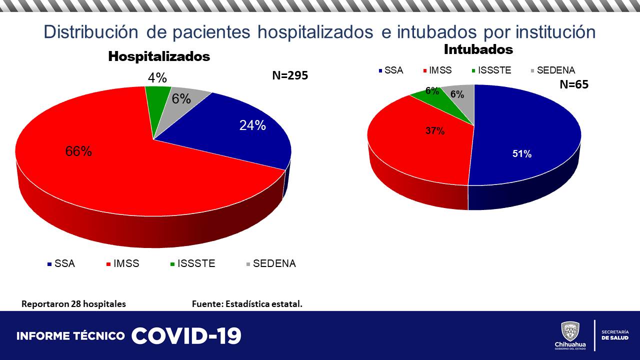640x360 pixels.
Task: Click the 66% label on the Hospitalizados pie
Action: [x=78, y=151]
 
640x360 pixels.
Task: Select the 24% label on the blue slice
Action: [x=252, y=125]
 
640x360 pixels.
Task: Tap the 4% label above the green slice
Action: [x=157, y=78]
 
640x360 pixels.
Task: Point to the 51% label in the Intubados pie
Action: [x=521, y=154]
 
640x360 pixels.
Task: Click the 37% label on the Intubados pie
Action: [x=435, y=131]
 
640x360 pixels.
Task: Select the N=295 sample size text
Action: [x=290, y=76]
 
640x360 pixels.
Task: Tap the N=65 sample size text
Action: [x=573, y=84]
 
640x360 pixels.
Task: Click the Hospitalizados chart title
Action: [x=159, y=56]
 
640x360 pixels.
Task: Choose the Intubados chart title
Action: [x=478, y=49]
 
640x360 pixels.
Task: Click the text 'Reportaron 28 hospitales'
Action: [x=73, y=304]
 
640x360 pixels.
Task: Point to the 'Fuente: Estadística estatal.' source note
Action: [x=247, y=304]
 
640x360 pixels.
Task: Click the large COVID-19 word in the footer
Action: [x=186, y=336]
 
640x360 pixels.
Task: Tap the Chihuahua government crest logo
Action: [x=570, y=331]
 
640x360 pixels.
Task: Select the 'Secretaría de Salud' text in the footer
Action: [x=615, y=335]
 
